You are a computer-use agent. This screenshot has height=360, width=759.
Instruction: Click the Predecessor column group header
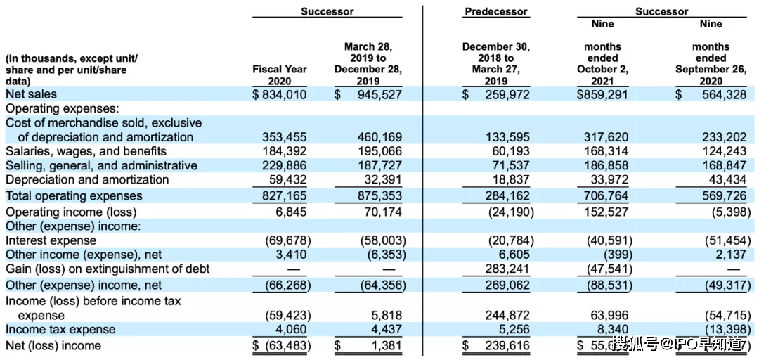pyautogui.click(x=495, y=11)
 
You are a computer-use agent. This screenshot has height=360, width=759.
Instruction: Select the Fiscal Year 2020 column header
pyautogui.click(x=280, y=75)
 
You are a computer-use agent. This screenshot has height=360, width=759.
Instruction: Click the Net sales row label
pyautogui.click(x=32, y=94)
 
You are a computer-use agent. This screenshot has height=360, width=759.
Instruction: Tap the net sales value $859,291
pyautogui.click(x=602, y=94)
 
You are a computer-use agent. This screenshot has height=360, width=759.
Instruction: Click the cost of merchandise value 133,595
pyautogui.click(x=507, y=137)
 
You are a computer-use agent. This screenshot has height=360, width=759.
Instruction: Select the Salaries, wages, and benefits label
pyautogui.click(x=86, y=151)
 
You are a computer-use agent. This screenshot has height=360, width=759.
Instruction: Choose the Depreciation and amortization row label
pyautogui.click(x=88, y=179)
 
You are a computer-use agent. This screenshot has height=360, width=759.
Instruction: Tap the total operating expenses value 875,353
pyautogui.click(x=378, y=195)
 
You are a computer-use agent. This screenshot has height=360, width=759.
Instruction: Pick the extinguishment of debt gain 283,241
pyautogui.click(x=507, y=269)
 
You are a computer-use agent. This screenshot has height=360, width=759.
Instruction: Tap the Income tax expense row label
pyautogui.click(x=60, y=329)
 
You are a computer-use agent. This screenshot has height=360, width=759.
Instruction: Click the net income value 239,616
pyautogui.click(x=507, y=345)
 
